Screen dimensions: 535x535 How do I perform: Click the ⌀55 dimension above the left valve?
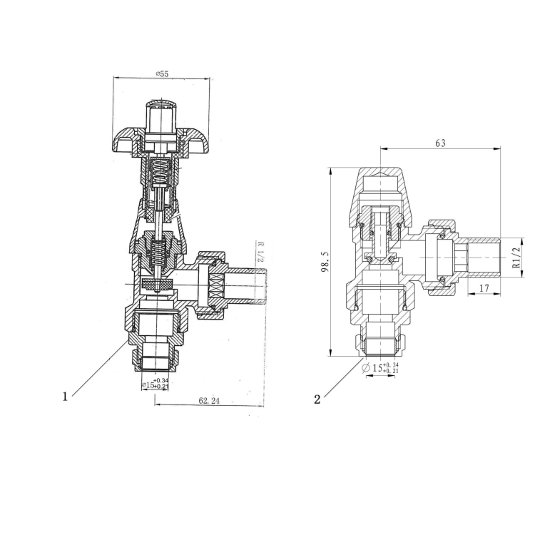click(163, 74)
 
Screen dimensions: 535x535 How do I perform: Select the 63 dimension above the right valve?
click(439, 143)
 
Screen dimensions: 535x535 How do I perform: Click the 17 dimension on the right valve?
click(484, 288)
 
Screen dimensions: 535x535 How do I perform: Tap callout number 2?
click(317, 399)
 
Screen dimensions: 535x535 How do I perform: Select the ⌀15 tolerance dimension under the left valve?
click(155, 384)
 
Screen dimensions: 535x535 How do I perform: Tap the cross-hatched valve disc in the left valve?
click(157, 285)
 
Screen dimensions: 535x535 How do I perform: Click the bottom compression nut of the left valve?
click(157, 355)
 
